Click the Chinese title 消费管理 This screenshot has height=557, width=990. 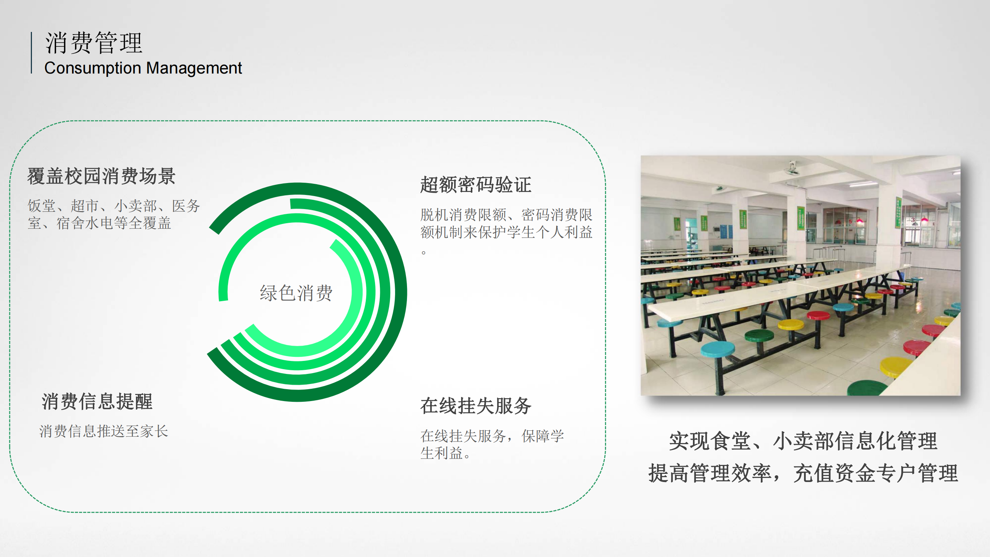[x=94, y=43]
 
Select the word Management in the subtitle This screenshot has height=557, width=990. [x=194, y=68]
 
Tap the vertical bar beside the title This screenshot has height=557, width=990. [x=32, y=53]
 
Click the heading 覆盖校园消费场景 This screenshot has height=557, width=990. [x=101, y=176]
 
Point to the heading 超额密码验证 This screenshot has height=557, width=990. [x=476, y=185]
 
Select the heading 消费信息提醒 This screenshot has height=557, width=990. [x=97, y=401]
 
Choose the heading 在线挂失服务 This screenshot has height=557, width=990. [x=476, y=405]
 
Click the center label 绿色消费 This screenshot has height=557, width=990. [x=296, y=293]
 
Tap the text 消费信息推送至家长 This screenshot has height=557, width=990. [x=104, y=431]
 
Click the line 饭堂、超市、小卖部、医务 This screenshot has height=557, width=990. [x=114, y=206]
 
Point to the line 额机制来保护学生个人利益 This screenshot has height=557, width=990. [x=506, y=232]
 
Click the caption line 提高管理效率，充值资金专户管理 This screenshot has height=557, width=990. [x=803, y=473]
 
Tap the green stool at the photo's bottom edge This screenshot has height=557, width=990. [x=867, y=388]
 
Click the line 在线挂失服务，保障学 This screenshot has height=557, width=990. [x=492, y=436]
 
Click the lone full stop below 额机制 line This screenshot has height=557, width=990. [x=424, y=253]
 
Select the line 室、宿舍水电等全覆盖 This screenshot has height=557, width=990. [x=99, y=223]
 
